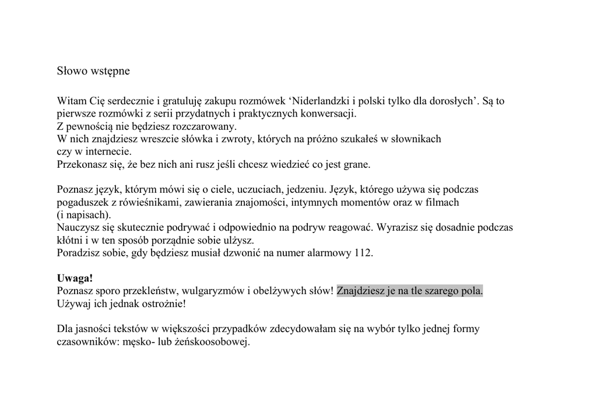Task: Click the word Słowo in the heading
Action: click(72, 71)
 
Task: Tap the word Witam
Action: click(71, 101)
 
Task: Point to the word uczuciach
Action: click(259, 190)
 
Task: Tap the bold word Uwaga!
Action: click(75, 278)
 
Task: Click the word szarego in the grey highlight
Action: click(441, 291)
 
